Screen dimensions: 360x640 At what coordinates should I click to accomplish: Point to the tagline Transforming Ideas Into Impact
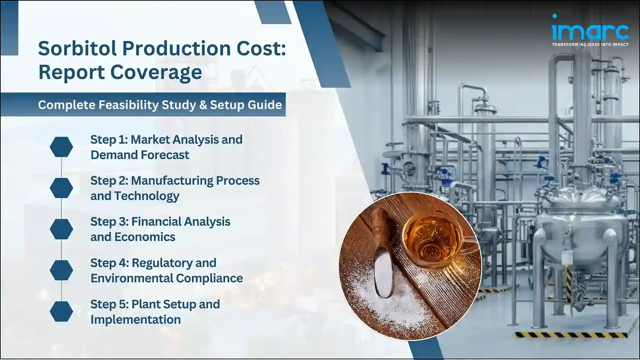(x=590, y=45)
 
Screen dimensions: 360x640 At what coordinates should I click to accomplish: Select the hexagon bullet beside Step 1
(x=61, y=147)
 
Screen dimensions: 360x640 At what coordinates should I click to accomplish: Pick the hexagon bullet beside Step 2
(x=61, y=188)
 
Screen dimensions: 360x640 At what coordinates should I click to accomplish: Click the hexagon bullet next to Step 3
(x=61, y=229)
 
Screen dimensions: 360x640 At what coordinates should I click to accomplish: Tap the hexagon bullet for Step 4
(x=61, y=270)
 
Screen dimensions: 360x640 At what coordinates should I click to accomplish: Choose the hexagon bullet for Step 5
(x=61, y=311)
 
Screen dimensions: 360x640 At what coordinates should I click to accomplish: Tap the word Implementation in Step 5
(x=135, y=319)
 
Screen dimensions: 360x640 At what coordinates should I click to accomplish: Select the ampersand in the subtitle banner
(x=203, y=105)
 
